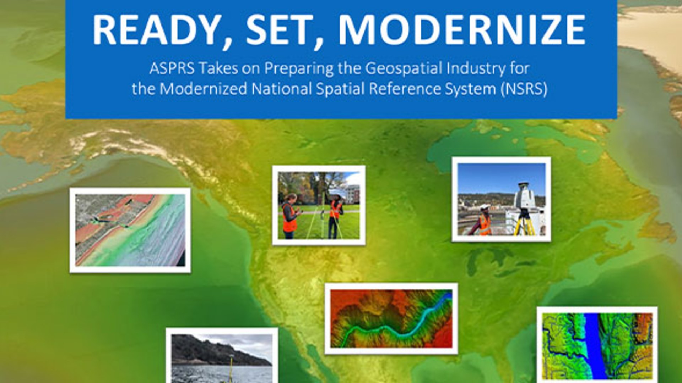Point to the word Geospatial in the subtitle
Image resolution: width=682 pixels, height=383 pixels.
(404, 68)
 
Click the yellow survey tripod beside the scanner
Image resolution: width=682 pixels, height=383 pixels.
(525, 223)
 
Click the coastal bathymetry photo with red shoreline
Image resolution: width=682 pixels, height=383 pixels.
(130, 230)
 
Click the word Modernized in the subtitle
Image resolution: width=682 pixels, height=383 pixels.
(203, 89)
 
